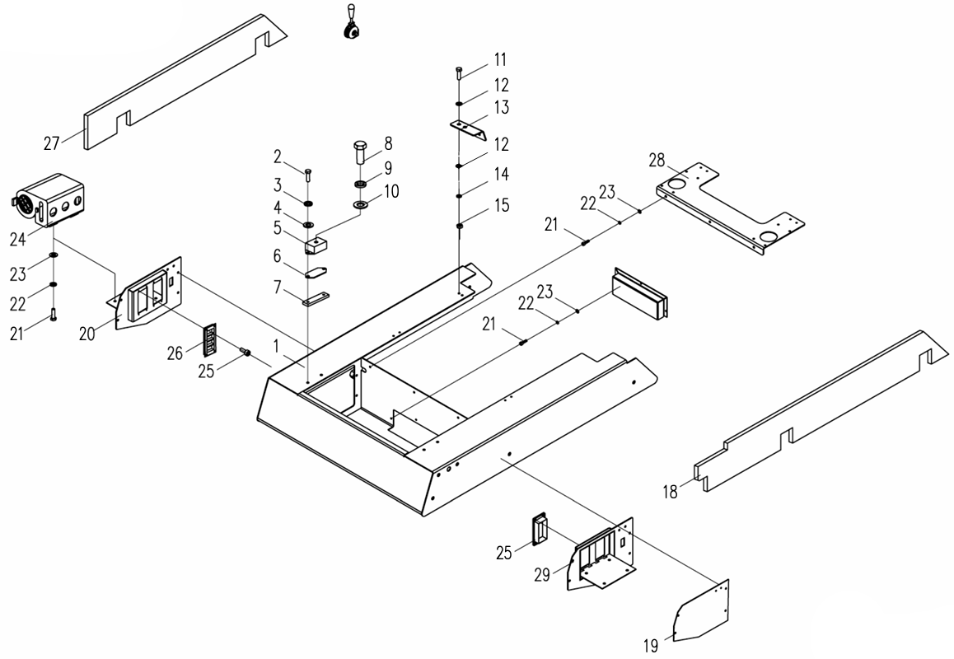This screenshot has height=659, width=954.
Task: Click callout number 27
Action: pyautogui.click(x=52, y=143)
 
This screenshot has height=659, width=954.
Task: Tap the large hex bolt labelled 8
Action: pyautogui.click(x=361, y=152)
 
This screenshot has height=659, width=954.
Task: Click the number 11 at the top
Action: pyautogui.click(x=500, y=59)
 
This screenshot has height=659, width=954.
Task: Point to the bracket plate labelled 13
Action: pyautogui.click(x=467, y=129)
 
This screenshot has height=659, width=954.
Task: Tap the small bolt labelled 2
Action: pyautogui.click(x=307, y=175)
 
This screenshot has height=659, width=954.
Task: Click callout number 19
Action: pyautogui.click(x=651, y=647)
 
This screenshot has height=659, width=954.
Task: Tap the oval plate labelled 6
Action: pyautogui.click(x=317, y=272)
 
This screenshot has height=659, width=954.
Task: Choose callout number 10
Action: pyautogui.click(x=391, y=191)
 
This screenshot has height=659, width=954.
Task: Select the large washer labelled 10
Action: pyautogui.click(x=361, y=203)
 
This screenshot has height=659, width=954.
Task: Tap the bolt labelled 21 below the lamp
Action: pyautogui.click(x=54, y=314)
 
